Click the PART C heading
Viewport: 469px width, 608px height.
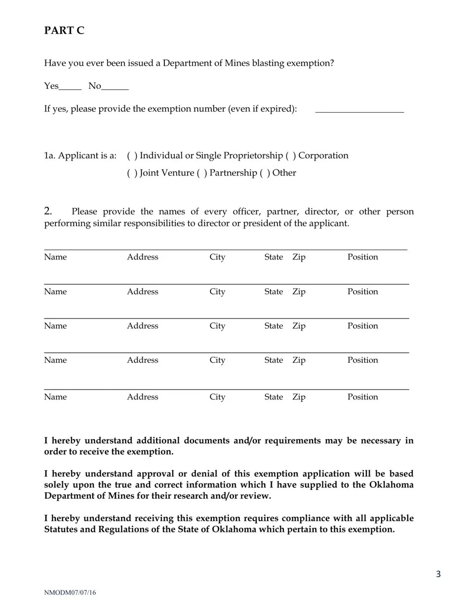click(x=64, y=31)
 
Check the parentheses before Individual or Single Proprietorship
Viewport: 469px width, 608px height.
click(x=132, y=156)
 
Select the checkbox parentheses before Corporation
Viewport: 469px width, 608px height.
click(x=291, y=156)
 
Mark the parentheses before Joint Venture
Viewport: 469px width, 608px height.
click(x=132, y=173)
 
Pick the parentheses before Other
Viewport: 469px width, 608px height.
click(x=265, y=173)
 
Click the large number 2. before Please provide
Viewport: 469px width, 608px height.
click(x=48, y=212)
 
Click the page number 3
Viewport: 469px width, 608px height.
click(x=438, y=574)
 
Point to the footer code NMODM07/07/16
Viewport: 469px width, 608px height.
click(x=70, y=593)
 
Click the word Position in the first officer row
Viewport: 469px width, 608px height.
click(x=362, y=257)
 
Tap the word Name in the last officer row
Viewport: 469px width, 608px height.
click(x=55, y=397)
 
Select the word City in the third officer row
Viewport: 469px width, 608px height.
click(x=217, y=326)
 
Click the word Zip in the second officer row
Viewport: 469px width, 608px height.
click(x=299, y=292)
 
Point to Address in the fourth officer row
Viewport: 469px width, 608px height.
click(x=143, y=360)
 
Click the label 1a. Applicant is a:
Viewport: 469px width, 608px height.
click(x=80, y=156)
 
